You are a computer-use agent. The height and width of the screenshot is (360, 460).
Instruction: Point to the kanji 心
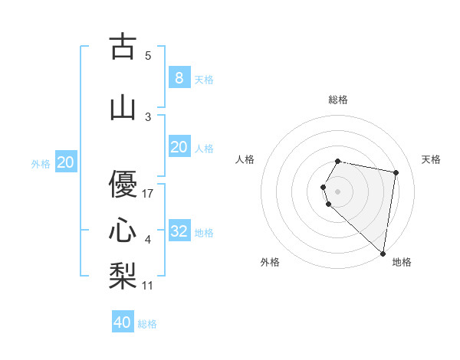(123, 229)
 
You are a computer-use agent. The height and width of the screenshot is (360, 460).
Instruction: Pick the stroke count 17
(149, 194)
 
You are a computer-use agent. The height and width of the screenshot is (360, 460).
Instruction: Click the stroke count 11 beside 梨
(149, 286)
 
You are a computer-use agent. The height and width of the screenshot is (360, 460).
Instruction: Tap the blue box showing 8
(179, 77)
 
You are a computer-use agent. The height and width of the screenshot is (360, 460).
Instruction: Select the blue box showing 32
(179, 231)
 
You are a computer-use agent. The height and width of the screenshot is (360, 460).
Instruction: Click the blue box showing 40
(123, 322)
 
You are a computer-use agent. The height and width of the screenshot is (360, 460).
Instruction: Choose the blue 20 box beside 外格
(65, 162)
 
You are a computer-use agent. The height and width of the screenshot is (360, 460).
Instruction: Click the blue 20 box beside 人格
(179, 147)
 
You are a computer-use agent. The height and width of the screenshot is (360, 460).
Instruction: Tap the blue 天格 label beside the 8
(204, 79)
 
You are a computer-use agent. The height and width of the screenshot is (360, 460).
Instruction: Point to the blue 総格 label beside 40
(147, 324)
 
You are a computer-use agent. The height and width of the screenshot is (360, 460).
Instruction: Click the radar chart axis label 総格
(338, 100)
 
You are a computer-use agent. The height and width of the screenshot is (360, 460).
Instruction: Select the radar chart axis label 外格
(270, 262)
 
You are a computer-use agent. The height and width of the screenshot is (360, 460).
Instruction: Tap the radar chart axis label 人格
(245, 159)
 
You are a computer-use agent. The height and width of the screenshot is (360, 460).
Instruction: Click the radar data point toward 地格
(383, 254)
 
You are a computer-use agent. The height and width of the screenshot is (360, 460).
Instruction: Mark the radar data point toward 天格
(396, 173)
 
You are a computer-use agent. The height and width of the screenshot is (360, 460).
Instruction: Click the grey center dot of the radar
(338, 191)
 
